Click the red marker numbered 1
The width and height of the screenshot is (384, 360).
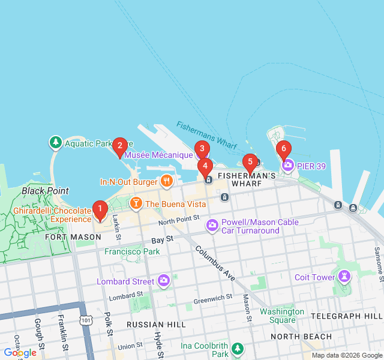pyautogui.click(x=100, y=209)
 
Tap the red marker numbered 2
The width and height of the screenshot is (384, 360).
pyautogui.click(x=120, y=145)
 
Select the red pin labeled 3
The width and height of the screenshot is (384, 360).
pyautogui.click(x=202, y=149)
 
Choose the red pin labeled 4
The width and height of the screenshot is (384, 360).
pyautogui.click(x=205, y=166)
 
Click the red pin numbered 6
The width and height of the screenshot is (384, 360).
pyautogui.click(x=283, y=149)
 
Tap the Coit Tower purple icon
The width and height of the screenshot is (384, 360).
pyautogui.click(x=344, y=277)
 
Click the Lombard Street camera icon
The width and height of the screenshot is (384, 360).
pyautogui.click(x=164, y=281)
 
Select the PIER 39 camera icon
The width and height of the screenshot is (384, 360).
pyautogui.click(x=288, y=165)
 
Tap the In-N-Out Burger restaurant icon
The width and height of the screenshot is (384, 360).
pyautogui.click(x=167, y=181)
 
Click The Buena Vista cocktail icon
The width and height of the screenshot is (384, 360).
pyautogui.click(x=136, y=204)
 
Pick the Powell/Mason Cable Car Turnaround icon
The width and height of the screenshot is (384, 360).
pyautogui.click(x=212, y=226)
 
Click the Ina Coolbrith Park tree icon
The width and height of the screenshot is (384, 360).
pyautogui.click(x=238, y=348)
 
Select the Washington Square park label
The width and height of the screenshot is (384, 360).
pyautogui.click(x=281, y=316)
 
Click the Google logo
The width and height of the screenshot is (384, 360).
pyautogui.click(x=20, y=353)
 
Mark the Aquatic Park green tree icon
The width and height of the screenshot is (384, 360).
pyautogui.click(x=56, y=143)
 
